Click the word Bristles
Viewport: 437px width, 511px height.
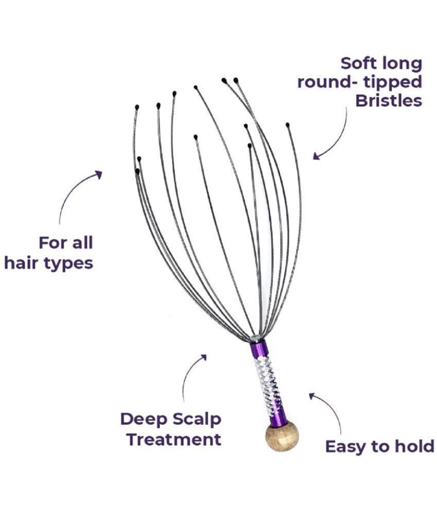tap(388, 101)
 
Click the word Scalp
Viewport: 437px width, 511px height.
tap(197, 420)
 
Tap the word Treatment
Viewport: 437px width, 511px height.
tap(174, 439)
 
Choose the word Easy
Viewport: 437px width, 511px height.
tap(347, 447)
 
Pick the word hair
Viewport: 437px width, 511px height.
tap(22, 262)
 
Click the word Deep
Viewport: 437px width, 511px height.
tap(144, 420)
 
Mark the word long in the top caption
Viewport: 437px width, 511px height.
tap(401, 64)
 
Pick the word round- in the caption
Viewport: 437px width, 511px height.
tap(328, 82)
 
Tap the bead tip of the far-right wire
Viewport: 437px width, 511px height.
tap(287, 125)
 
